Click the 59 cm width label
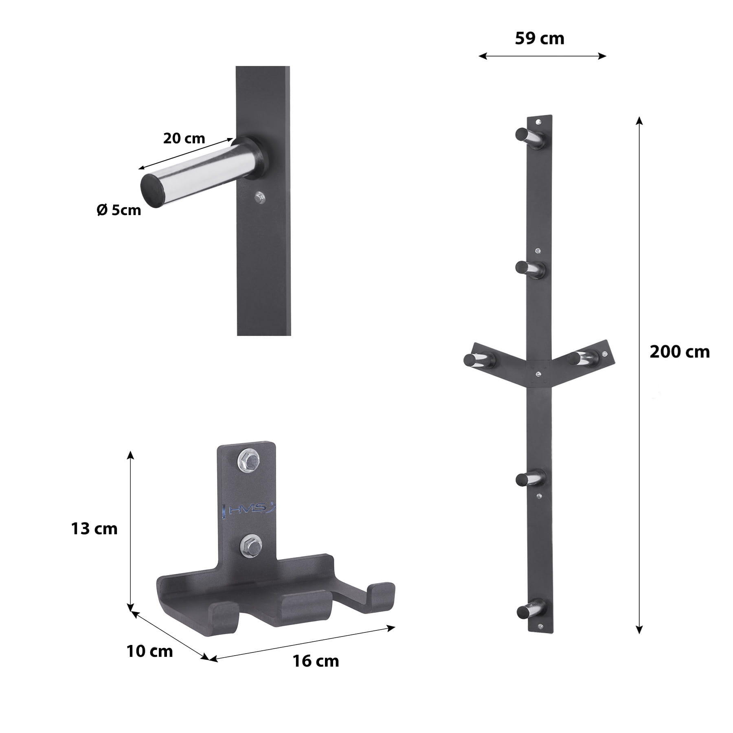coord(539,39)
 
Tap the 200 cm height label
coord(679,352)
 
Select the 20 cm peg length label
coord(184,138)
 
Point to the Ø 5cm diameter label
coord(119,210)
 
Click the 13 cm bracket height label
coord(94,529)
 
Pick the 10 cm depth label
coord(149,652)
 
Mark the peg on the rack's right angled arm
coord(586,357)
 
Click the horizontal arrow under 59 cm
coord(542,56)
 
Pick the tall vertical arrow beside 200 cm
coord(639,375)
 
